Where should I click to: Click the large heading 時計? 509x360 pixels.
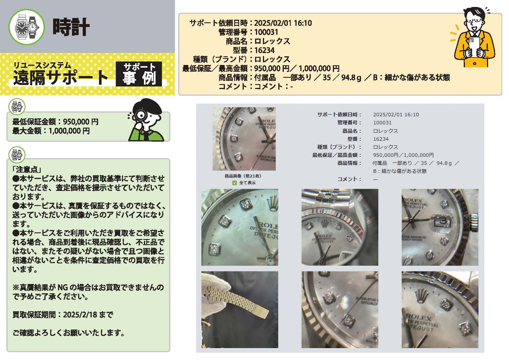tap(71, 27)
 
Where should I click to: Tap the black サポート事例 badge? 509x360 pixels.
tap(139, 74)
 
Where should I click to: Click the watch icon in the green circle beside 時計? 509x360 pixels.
tap(27, 27)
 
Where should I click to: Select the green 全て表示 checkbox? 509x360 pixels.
tap(234, 183)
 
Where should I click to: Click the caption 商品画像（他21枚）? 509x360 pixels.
tap(243, 176)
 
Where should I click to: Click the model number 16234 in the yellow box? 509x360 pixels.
tap(264, 50)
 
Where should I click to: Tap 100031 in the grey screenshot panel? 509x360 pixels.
tap(382, 123)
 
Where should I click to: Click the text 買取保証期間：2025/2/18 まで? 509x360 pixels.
tap(63, 315)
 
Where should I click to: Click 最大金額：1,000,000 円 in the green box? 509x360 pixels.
tap(51, 131)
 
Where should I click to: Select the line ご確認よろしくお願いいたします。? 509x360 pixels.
tap(69, 333)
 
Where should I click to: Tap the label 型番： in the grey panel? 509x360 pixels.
tap(354, 139)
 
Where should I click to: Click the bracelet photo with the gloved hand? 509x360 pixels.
tap(240, 310)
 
